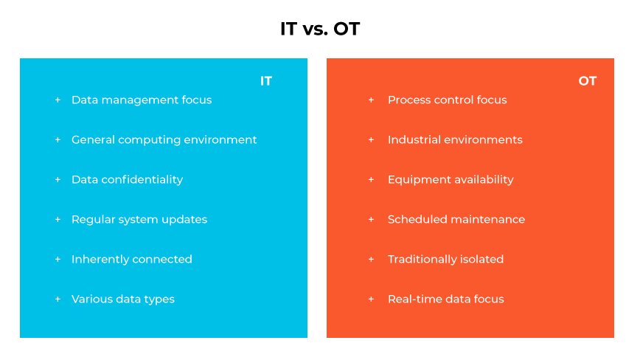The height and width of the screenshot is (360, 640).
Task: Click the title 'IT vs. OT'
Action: tap(320, 29)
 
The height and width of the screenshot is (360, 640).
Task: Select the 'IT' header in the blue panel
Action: tap(266, 81)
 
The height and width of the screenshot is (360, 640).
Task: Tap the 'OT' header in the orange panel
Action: tap(587, 81)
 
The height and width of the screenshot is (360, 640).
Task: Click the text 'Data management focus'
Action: tap(142, 100)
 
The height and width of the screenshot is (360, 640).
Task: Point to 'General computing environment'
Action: tap(164, 139)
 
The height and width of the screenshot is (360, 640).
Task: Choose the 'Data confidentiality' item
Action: tap(127, 179)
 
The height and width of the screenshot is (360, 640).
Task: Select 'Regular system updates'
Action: tap(139, 219)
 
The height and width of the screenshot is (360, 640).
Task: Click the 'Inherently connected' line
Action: tap(131, 259)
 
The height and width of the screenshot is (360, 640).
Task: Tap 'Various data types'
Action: tap(123, 299)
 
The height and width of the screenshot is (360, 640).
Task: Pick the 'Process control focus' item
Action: tap(447, 100)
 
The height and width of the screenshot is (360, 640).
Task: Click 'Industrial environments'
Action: tap(455, 139)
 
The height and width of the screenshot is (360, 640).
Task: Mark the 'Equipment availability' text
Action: tap(451, 179)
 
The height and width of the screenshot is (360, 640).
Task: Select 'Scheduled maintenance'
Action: tap(456, 219)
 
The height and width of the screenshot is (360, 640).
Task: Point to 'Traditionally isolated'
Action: tap(445, 259)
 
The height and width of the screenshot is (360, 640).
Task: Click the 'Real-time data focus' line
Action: tap(445, 299)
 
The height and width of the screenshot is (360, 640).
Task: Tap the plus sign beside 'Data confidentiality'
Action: tap(58, 179)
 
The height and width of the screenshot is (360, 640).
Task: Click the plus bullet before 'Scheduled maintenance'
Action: tap(371, 219)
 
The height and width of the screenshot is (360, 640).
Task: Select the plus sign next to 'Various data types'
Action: tap(58, 299)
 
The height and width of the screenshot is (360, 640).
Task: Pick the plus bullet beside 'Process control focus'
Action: tap(371, 100)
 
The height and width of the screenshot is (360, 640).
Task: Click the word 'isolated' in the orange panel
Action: tap(480, 259)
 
